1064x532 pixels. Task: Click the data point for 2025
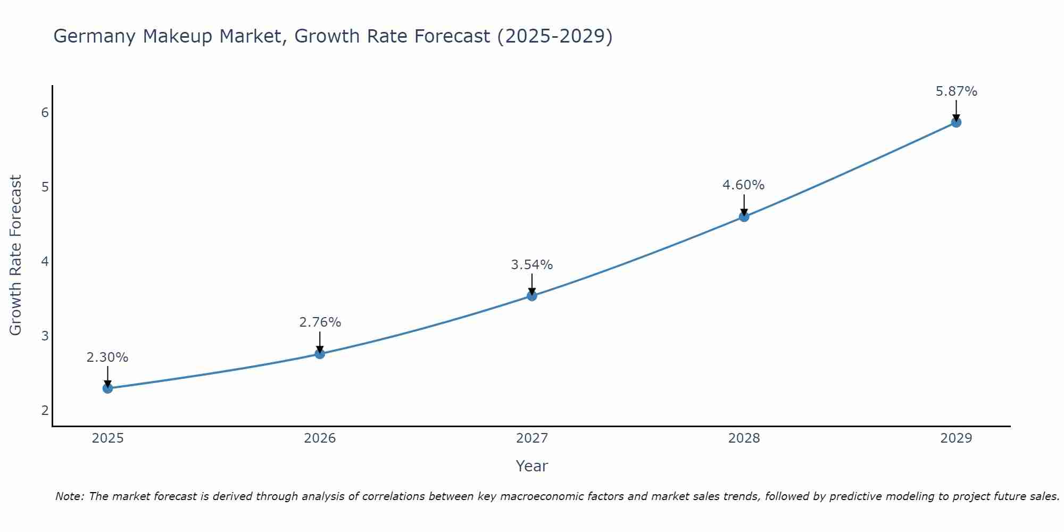click(107, 388)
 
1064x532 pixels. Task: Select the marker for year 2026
click(320, 354)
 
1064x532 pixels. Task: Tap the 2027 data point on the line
click(532, 296)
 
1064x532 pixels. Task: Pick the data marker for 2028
click(744, 217)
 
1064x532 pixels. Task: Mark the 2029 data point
click(956, 122)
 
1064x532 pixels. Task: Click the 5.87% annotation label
click(956, 92)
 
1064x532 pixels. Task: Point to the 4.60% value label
click(743, 185)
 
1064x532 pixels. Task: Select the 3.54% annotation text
click(532, 264)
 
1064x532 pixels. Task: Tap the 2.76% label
click(320, 322)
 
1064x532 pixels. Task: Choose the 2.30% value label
click(107, 358)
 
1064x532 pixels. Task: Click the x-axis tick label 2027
click(532, 438)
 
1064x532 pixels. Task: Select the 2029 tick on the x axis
click(956, 438)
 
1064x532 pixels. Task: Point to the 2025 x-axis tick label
click(107, 438)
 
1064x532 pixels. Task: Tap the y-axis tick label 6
click(45, 112)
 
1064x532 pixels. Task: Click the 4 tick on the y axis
click(45, 261)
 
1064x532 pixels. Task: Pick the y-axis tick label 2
click(45, 410)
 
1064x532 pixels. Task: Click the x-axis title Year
click(532, 466)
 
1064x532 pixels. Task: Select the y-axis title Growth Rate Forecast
click(16, 255)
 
